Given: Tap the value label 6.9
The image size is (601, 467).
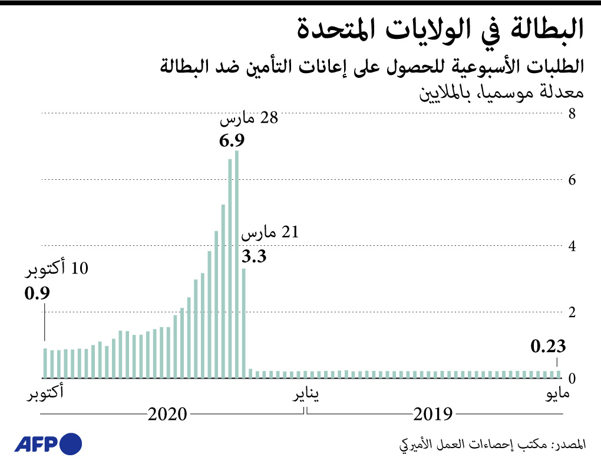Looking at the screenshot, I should pos(232,141).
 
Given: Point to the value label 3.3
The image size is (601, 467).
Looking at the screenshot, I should pos(255,256).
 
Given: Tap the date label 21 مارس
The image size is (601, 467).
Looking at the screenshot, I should pos(270,233).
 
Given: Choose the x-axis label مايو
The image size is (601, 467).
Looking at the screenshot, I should pos(557,393).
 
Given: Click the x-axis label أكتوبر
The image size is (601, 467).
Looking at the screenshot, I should pos(45,393).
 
